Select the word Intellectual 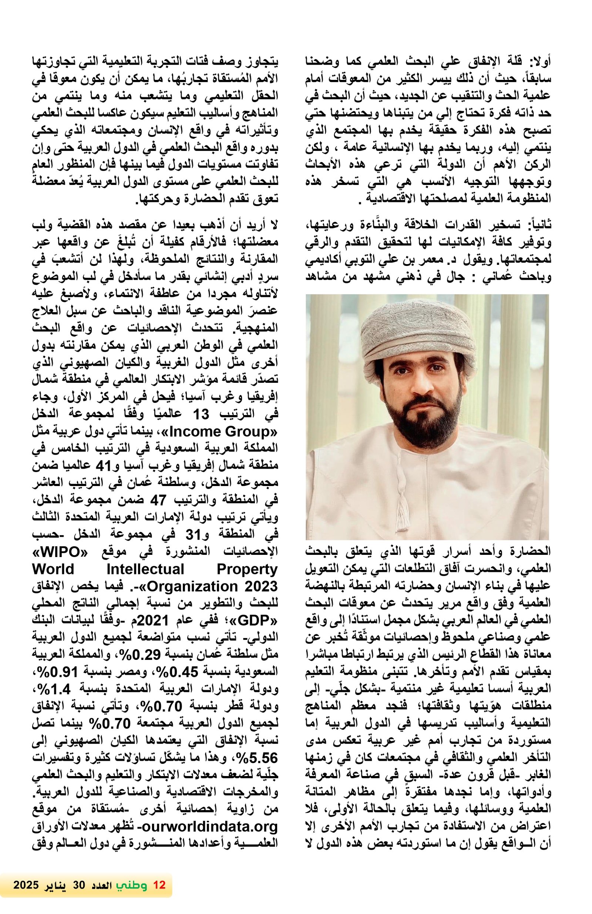pyautogui.click(x=145, y=569)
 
